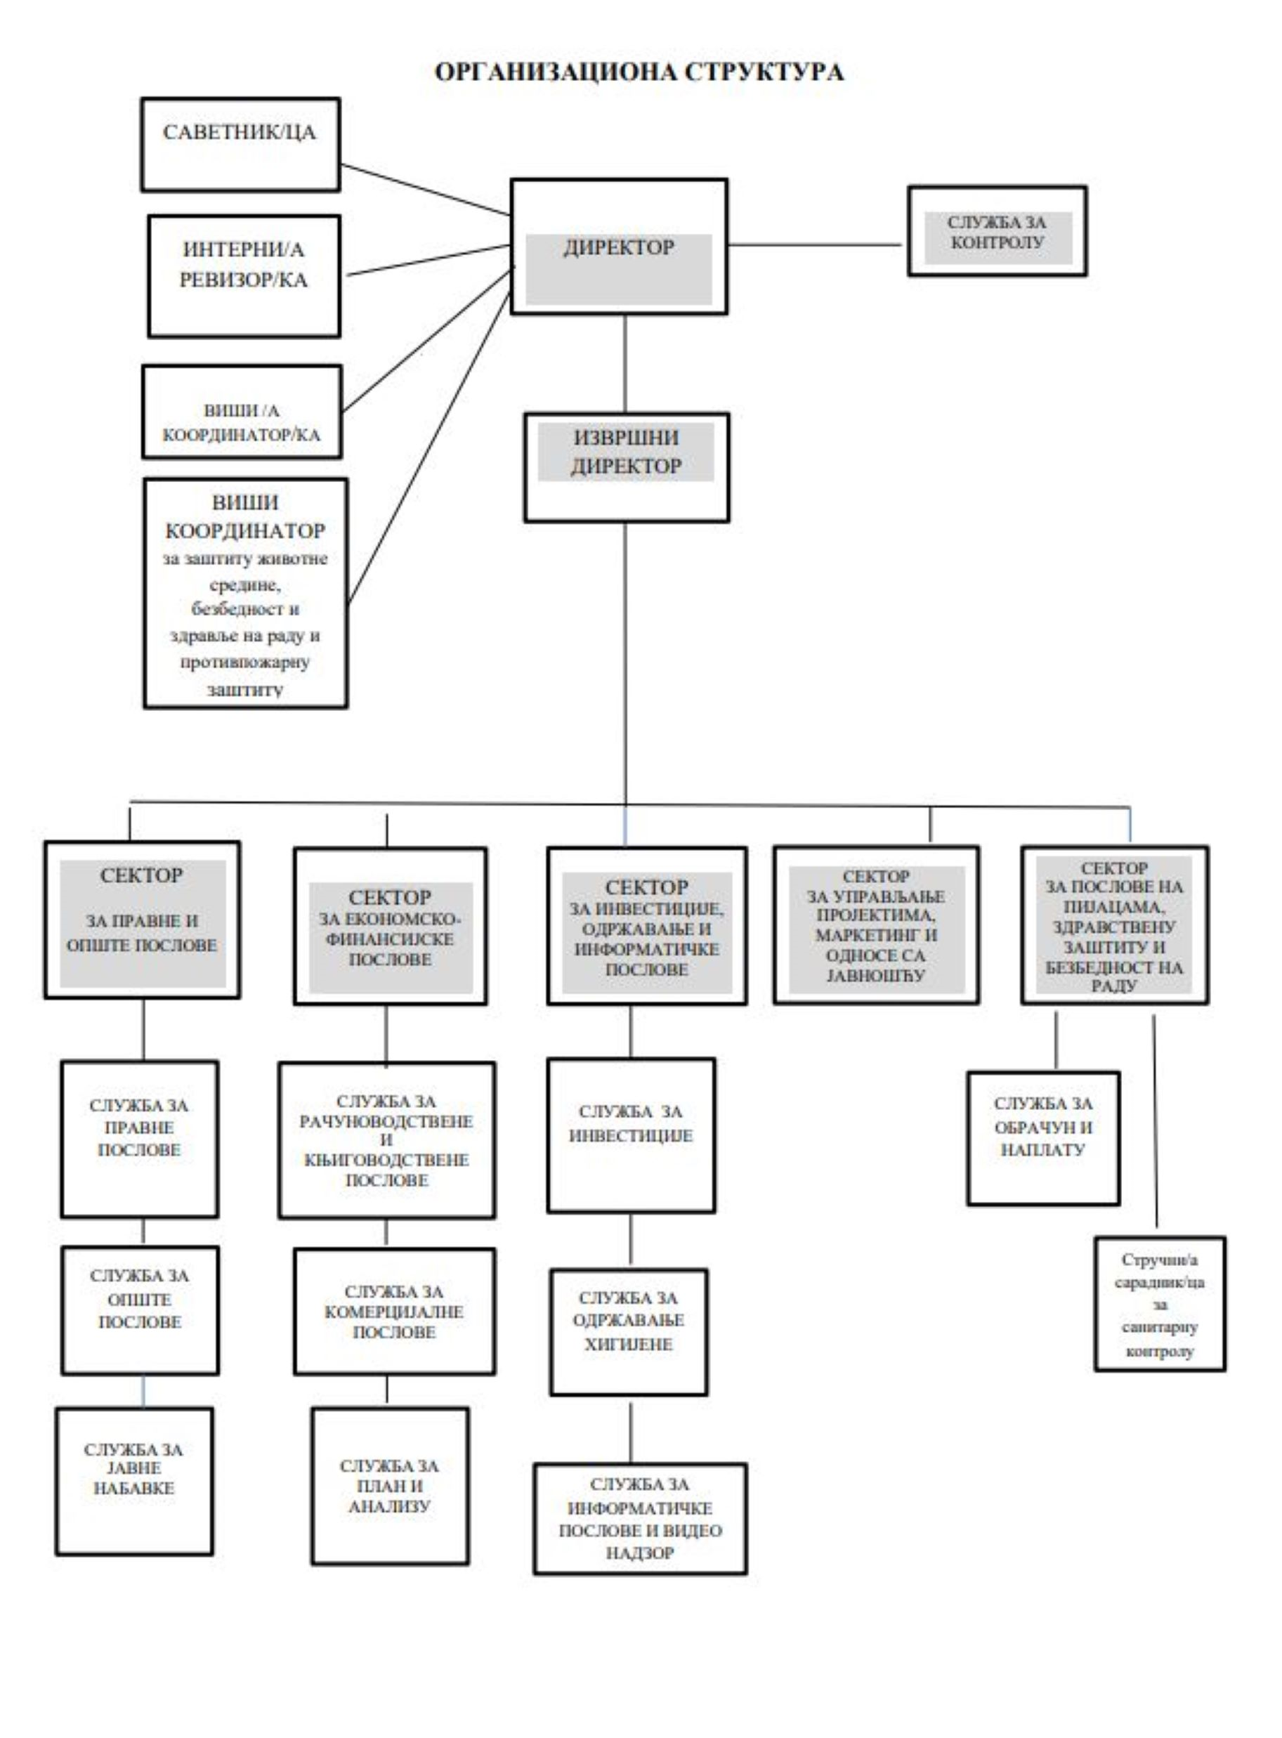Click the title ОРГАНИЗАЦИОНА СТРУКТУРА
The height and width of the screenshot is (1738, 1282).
[639, 72]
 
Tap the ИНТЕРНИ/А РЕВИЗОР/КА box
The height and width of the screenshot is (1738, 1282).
[244, 276]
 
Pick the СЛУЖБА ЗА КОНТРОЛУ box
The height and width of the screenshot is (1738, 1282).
[998, 231]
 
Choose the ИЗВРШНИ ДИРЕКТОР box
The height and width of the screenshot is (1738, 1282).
[627, 466]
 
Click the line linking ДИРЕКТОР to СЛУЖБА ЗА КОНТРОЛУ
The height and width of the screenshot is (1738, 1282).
[815, 244]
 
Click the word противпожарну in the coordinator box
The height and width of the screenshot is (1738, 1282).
[245, 662]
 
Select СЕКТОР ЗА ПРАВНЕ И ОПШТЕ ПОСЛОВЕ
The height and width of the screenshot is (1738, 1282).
[142, 920]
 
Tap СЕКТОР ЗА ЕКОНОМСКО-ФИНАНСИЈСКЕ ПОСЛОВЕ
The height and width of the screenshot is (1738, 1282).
[391, 927]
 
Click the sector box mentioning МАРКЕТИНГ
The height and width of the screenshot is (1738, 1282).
[876, 925]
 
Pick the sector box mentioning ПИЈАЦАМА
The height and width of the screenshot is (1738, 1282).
[1114, 925]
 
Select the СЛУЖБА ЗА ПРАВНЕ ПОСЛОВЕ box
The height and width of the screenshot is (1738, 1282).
[140, 1139]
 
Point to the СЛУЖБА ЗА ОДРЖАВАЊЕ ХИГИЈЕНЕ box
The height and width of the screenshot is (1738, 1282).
[629, 1332]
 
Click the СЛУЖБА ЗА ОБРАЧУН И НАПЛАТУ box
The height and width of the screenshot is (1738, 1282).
[1043, 1138]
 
